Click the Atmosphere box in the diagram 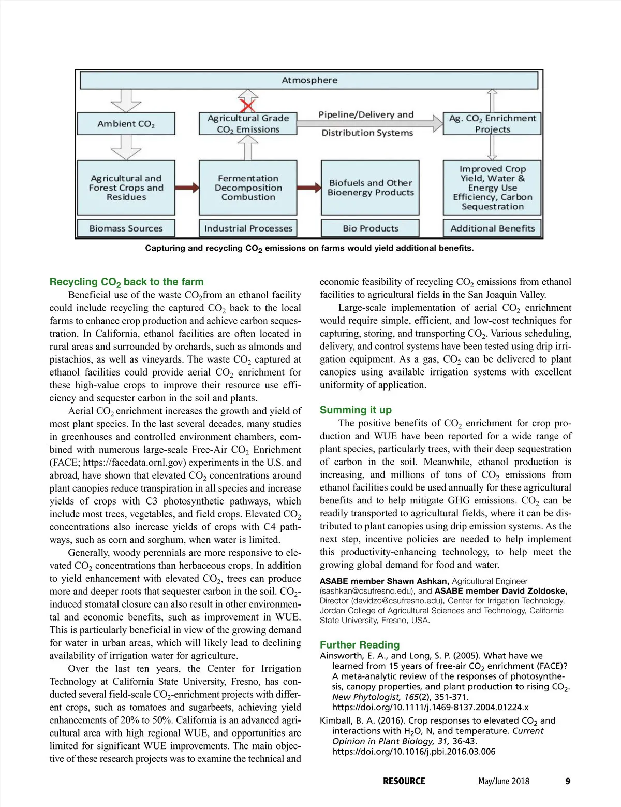(x=309, y=80)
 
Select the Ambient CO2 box (x=126, y=124)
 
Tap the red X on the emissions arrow (x=248, y=106)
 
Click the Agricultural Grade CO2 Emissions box (x=248, y=124)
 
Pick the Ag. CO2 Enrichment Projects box (x=492, y=124)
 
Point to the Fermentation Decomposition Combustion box (x=248, y=188)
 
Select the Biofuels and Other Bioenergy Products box (x=370, y=188)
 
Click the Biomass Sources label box (x=126, y=228)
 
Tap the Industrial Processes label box (x=248, y=228)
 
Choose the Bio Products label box (x=370, y=228)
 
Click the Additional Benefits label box (x=492, y=228)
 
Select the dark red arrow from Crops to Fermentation (x=187, y=188)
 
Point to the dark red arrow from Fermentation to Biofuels (x=309, y=188)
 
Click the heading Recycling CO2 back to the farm (x=127, y=282)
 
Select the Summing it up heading (x=356, y=410)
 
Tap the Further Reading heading (x=360, y=645)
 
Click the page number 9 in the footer (x=568, y=781)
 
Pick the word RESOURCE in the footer (x=404, y=781)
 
